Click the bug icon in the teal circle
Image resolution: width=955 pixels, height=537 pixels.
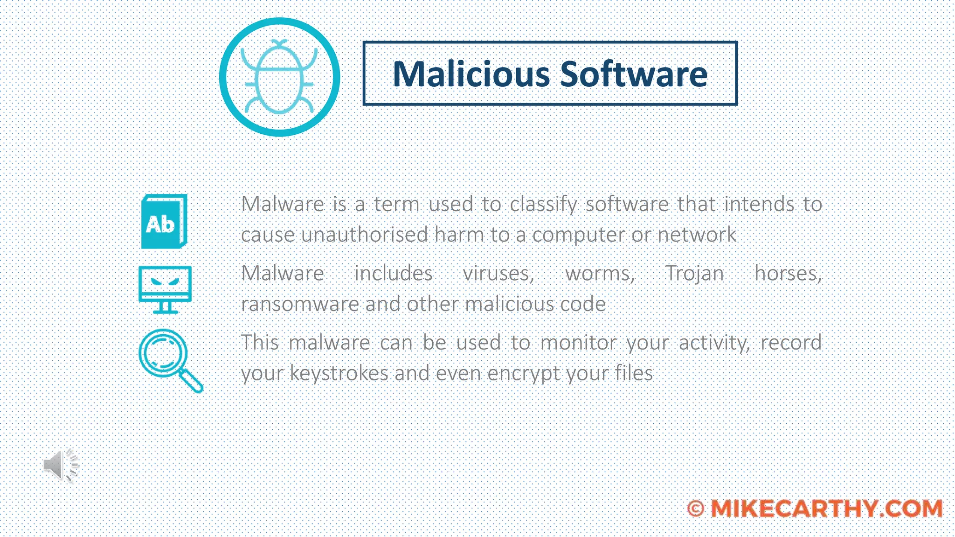point(279,77)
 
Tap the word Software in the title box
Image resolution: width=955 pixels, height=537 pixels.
point(634,74)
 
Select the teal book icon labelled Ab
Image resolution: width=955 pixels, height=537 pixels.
point(164,221)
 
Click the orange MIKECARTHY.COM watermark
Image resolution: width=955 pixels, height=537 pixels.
point(826,508)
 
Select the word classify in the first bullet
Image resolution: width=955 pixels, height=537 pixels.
point(543,205)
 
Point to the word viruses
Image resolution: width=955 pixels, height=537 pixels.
point(498,273)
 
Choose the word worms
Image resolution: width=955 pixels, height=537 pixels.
point(600,273)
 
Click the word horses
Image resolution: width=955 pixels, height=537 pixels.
point(788,273)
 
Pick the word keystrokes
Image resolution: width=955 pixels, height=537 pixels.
point(339,373)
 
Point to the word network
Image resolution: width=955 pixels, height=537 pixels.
point(697,234)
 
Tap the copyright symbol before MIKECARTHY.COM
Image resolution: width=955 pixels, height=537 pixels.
point(696,509)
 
